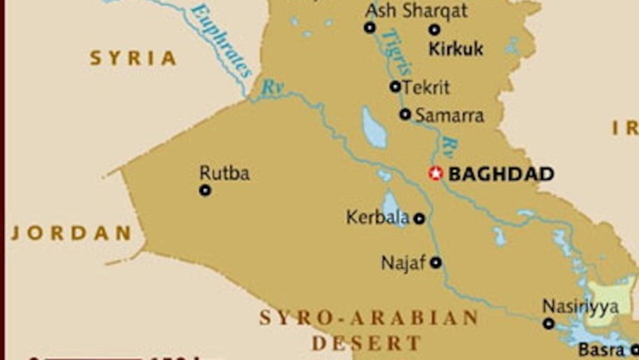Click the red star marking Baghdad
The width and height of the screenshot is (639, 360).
coord(435,173)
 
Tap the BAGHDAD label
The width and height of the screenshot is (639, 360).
coord(501,174)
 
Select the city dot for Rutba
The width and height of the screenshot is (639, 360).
coord(205,190)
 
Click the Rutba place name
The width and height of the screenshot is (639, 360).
coord(225,173)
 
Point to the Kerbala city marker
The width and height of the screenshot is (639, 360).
coord(419,218)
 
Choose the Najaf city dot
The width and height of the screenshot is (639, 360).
coord(436,262)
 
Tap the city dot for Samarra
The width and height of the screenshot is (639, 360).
coord(405,114)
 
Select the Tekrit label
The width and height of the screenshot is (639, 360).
coord(426,87)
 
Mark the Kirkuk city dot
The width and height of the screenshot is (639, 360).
coord(434,29)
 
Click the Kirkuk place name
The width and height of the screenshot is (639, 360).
coord(456,49)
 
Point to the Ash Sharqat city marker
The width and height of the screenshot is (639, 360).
coord(369,27)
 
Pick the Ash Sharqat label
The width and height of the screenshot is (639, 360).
coord(416,10)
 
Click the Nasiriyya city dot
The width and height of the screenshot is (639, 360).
coord(549,324)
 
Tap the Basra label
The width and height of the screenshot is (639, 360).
coord(602,350)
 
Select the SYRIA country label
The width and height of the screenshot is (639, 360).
coord(133,58)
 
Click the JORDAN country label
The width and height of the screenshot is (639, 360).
coord(71,233)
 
